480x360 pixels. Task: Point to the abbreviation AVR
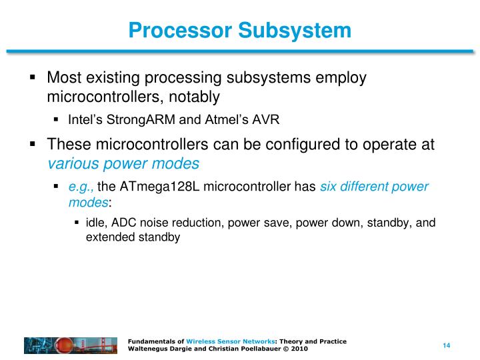click(x=265, y=120)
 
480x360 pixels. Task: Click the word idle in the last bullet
click(x=96, y=223)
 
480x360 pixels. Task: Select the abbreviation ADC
click(x=124, y=223)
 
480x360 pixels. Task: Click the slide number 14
click(x=447, y=345)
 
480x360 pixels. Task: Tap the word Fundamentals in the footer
click(x=152, y=341)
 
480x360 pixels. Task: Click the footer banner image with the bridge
click(x=71, y=345)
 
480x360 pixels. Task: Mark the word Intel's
click(x=84, y=120)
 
